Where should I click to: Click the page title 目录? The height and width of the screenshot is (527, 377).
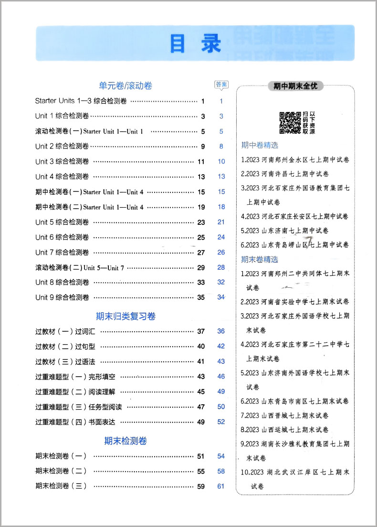click(x=195, y=43)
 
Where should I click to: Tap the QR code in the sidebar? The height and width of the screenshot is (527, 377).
click(x=290, y=123)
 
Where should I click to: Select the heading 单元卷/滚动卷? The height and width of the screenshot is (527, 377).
click(x=126, y=86)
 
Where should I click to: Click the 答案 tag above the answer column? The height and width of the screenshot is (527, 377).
click(x=221, y=85)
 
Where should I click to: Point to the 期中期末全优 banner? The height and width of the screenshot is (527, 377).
click(x=295, y=86)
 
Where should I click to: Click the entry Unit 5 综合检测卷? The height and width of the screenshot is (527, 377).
click(x=62, y=222)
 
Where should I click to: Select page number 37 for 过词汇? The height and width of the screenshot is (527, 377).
click(x=201, y=331)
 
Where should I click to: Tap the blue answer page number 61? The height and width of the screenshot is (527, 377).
click(x=221, y=486)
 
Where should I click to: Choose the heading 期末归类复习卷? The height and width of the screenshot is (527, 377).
click(x=126, y=316)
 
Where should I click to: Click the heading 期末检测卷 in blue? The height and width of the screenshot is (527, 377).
click(x=126, y=441)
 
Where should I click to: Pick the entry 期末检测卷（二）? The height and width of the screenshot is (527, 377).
click(x=61, y=471)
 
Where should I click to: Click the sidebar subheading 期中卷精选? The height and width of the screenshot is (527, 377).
click(x=260, y=145)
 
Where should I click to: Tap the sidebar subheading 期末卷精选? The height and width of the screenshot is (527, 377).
click(x=260, y=260)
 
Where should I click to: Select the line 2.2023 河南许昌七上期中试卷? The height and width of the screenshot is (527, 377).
click(x=285, y=174)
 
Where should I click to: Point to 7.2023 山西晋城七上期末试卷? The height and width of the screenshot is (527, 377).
click(x=285, y=415)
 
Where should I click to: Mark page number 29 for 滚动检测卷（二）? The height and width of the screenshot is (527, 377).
click(x=201, y=267)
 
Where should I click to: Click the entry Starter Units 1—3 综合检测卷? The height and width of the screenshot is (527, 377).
click(x=81, y=101)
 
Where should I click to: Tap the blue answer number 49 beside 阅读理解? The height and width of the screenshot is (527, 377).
click(x=221, y=391)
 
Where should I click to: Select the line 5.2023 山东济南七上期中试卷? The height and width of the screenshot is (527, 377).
click(x=285, y=231)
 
